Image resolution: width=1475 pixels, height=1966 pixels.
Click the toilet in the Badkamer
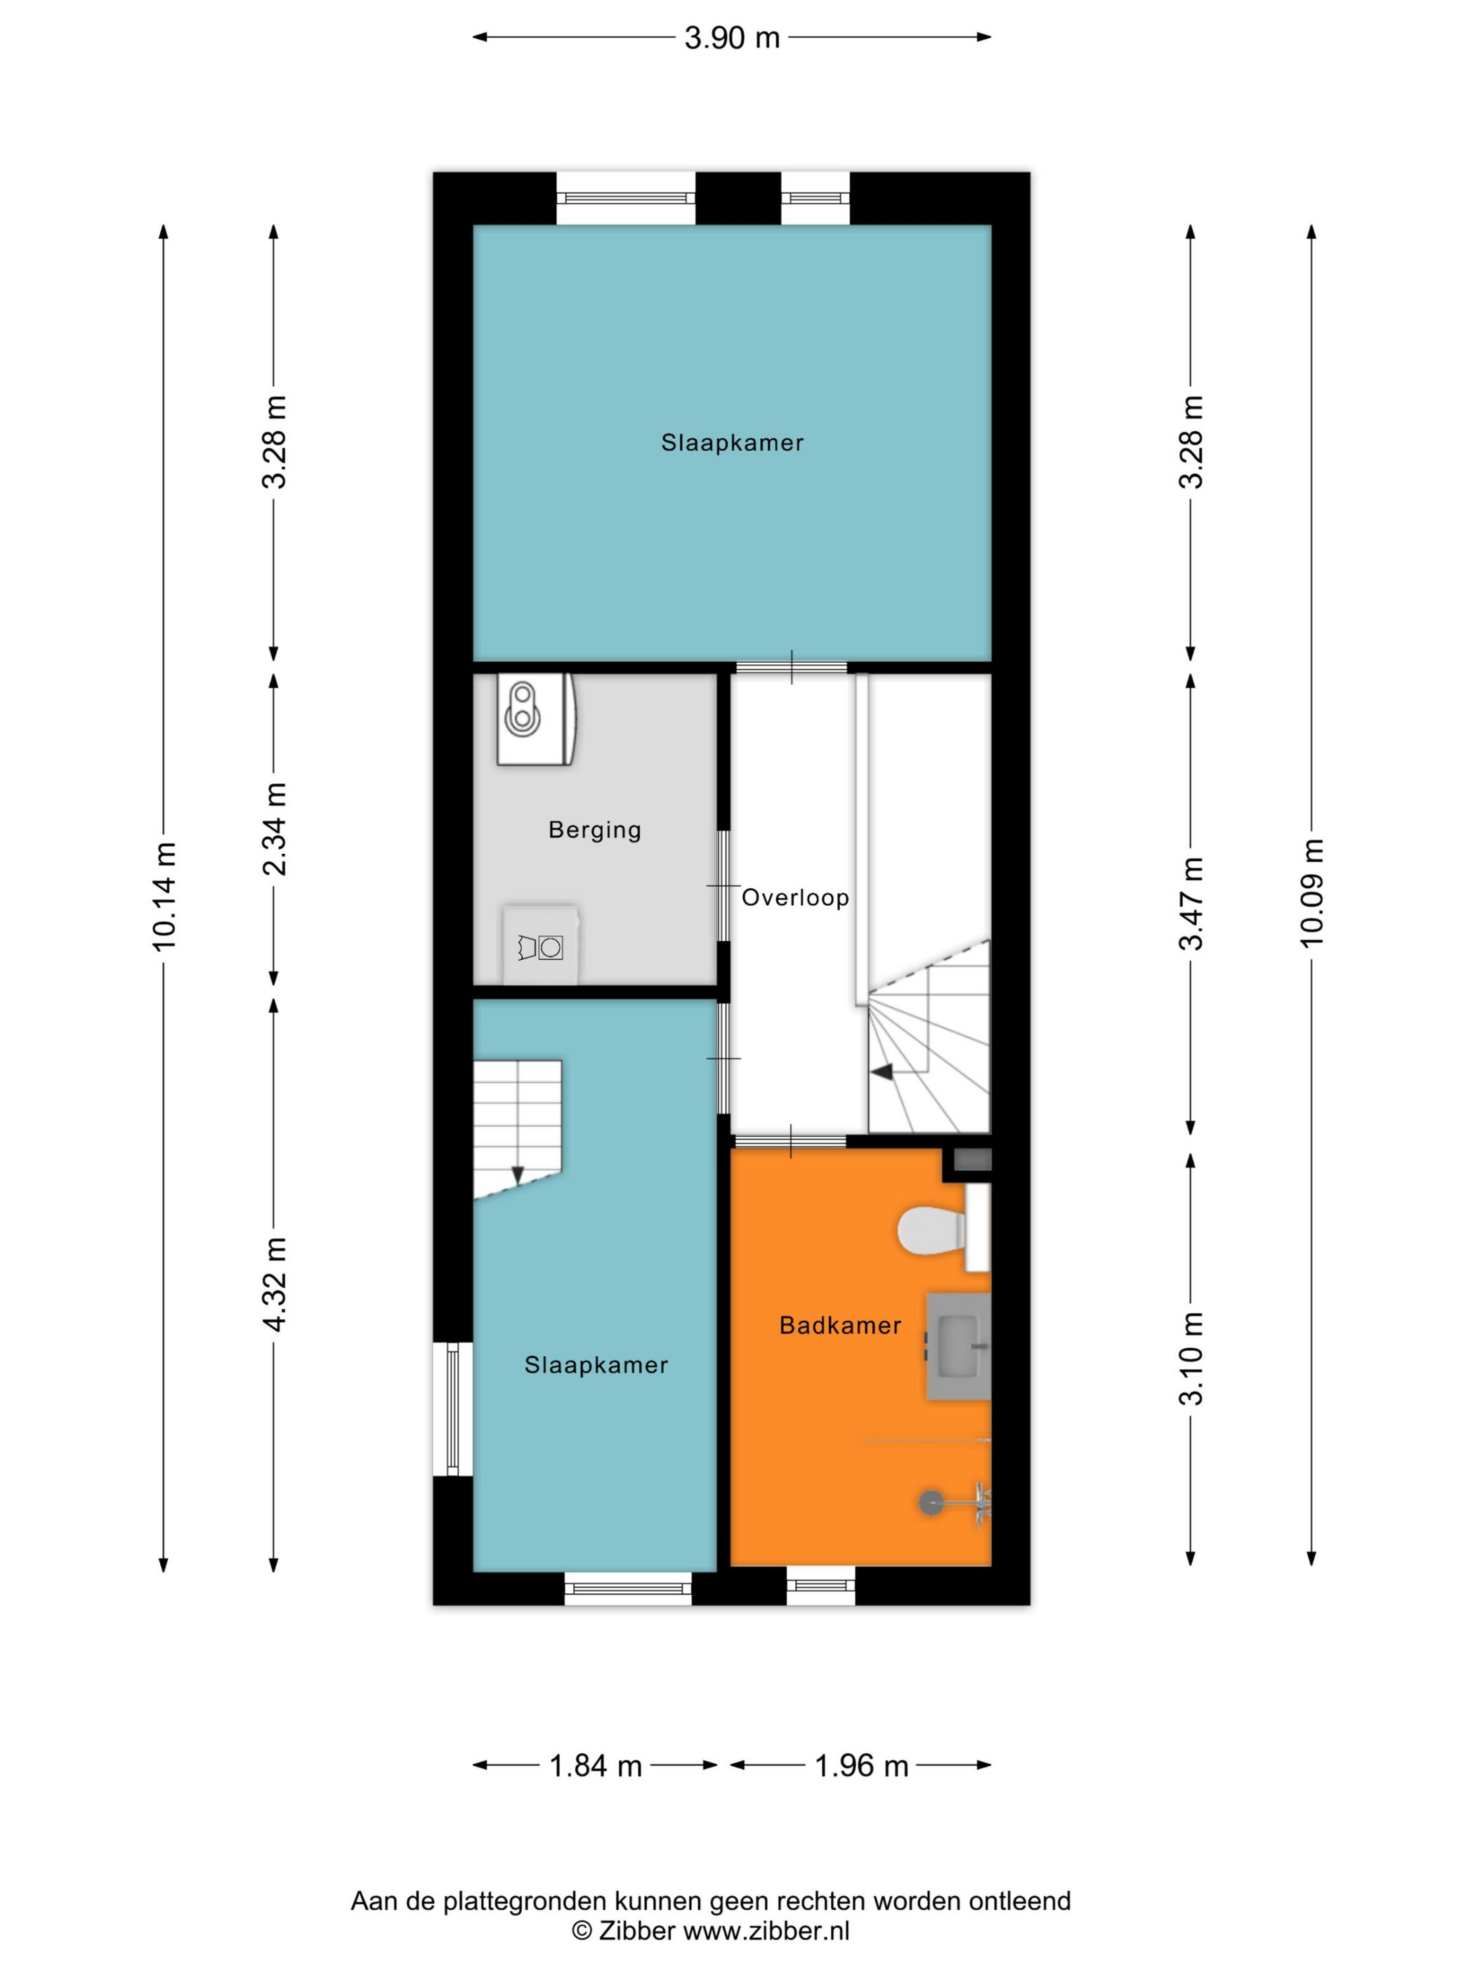[x=933, y=1231]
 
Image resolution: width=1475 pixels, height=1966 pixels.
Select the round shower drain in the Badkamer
[x=931, y=1502]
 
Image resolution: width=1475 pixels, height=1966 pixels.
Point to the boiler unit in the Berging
[x=536, y=719]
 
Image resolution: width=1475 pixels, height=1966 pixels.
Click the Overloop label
[x=795, y=897]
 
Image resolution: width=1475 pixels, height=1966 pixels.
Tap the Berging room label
[x=595, y=829]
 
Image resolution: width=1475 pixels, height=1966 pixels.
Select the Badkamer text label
[x=840, y=1325]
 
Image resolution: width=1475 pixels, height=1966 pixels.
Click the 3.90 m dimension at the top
[x=732, y=37]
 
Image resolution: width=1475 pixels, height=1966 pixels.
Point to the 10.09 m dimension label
[x=1312, y=893]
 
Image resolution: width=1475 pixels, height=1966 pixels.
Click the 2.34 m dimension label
[x=275, y=829]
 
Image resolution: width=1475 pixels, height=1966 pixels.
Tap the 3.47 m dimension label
[x=1191, y=903]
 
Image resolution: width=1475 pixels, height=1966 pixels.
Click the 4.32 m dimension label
[x=275, y=1284]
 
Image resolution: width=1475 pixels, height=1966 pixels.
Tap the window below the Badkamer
[x=820, y=1585]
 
